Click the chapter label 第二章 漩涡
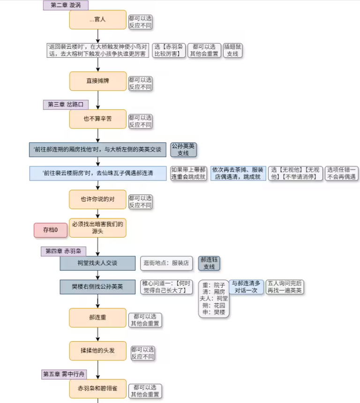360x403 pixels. (66, 5)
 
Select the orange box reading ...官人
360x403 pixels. (97, 20)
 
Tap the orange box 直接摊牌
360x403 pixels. (97, 81)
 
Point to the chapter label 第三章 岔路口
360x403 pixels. (65, 104)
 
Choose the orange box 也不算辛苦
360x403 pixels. (97, 119)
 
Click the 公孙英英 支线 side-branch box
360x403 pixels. (183, 149)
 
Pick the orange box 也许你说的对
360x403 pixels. (97, 199)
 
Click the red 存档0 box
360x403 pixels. (50, 230)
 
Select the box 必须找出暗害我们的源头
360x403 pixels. (97, 227)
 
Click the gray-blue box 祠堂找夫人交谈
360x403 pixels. (97, 263)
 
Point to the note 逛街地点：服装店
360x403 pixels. (166, 263)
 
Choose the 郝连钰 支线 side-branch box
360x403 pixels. (209, 263)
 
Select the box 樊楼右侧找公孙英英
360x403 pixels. (97, 287)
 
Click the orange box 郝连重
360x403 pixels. (97, 318)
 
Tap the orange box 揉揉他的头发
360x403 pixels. (97, 351)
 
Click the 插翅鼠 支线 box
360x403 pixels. (232, 50)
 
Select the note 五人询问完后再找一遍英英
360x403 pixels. (285, 287)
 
